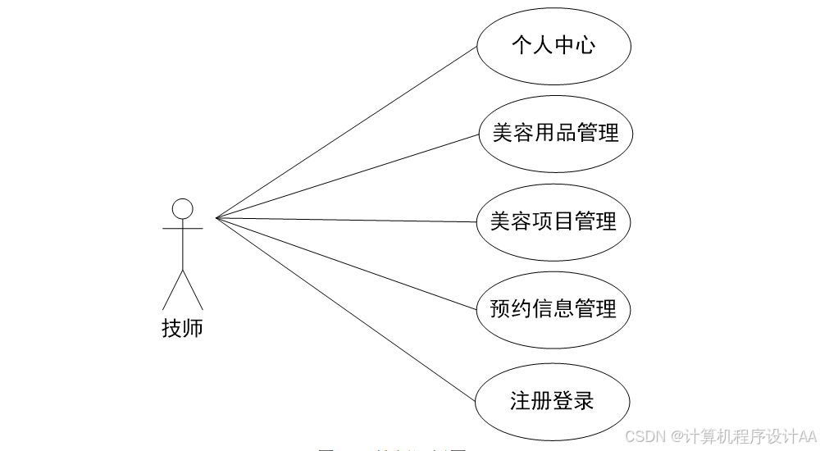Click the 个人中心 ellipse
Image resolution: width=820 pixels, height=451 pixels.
click(553, 45)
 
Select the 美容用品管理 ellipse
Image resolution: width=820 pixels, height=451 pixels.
click(555, 133)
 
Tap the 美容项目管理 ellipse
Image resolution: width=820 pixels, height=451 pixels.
click(553, 221)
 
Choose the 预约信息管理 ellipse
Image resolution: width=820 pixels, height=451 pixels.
click(553, 309)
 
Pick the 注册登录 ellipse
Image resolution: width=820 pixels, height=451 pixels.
click(553, 402)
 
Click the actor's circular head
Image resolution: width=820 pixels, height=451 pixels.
click(182, 208)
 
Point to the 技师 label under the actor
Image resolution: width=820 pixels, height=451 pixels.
click(182, 330)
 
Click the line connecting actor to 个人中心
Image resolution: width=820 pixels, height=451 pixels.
click(344, 132)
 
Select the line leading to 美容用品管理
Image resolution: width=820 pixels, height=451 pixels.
click(344, 176)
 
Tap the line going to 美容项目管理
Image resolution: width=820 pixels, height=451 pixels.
click(344, 220)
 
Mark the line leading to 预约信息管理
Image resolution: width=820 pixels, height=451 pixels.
click(344, 263)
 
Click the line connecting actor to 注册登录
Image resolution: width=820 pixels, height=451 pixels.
click(344, 308)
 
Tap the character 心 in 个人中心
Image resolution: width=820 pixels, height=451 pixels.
click(584, 45)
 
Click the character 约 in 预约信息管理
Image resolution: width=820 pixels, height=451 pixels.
click(522, 309)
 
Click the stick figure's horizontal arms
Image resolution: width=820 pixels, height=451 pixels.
click(182, 229)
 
